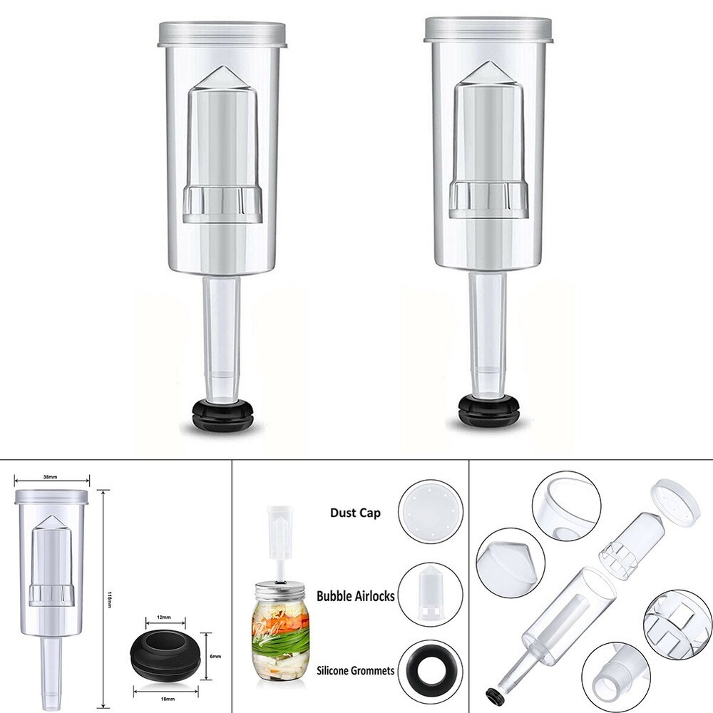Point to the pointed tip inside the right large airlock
point(489,70)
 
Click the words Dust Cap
point(354,512)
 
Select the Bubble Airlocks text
point(355,595)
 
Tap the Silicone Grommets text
point(354,671)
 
